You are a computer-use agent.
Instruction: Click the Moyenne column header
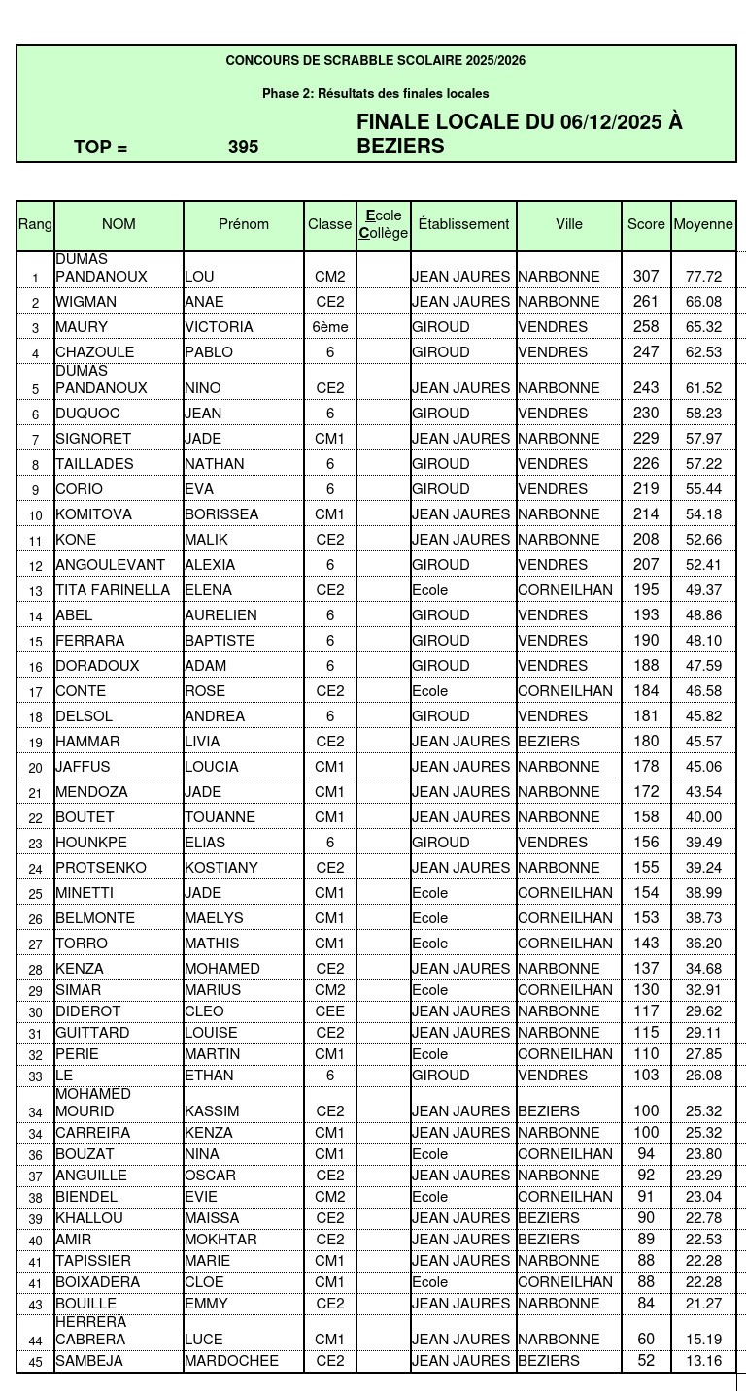coord(703,224)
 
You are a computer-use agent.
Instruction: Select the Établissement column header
coord(463,224)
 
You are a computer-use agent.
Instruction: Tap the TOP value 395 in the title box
coord(244,148)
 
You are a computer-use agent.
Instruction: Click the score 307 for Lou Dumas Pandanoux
coord(646,277)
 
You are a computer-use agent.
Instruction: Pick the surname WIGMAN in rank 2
coord(85,302)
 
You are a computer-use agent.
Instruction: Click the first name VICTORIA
coord(219,327)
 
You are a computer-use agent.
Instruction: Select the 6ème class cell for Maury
coord(330,327)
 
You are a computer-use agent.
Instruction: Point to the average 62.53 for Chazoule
coord(703,352)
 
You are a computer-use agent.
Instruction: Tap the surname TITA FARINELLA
coord(113,590)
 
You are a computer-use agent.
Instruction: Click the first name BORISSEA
coord(221,514)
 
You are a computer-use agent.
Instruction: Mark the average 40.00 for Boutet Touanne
coord(703,817)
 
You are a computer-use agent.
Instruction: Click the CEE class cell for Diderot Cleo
coord(330,1011)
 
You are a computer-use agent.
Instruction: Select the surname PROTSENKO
coord(101,868)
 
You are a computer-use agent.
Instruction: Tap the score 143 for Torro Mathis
coord(646,944)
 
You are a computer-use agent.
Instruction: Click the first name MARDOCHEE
coord(231,1361)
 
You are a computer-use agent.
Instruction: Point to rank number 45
coord(36,1362)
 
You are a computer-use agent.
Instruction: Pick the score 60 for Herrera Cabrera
coord(646,1340)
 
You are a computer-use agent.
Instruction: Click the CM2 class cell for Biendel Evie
coord(330,1197)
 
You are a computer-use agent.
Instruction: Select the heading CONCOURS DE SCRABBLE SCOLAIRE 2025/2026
coord(376,61)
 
